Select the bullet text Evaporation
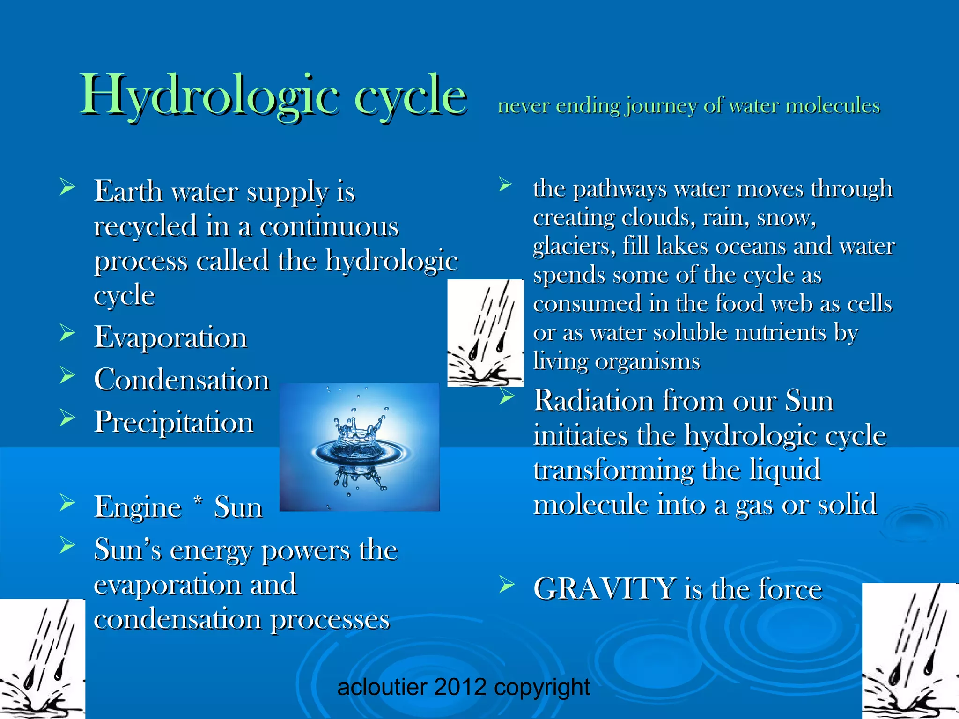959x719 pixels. (x=170, y=337)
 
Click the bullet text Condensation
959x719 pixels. (x=182, y=379)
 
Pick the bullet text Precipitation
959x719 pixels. (x=174, y=422)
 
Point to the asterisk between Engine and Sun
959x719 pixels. (x=198, y=502)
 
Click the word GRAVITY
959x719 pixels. (x=604, y=588)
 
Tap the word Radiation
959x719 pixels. (x=594, y=401)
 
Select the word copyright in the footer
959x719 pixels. (x=542, y=687)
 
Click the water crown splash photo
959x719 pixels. (x=359, y=447)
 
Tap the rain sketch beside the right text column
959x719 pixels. (x=486, y=333)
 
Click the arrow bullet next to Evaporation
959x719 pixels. (x=67, y=333)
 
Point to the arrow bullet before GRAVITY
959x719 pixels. (x=506, y=585)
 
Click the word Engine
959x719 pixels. (x=138, y=507)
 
